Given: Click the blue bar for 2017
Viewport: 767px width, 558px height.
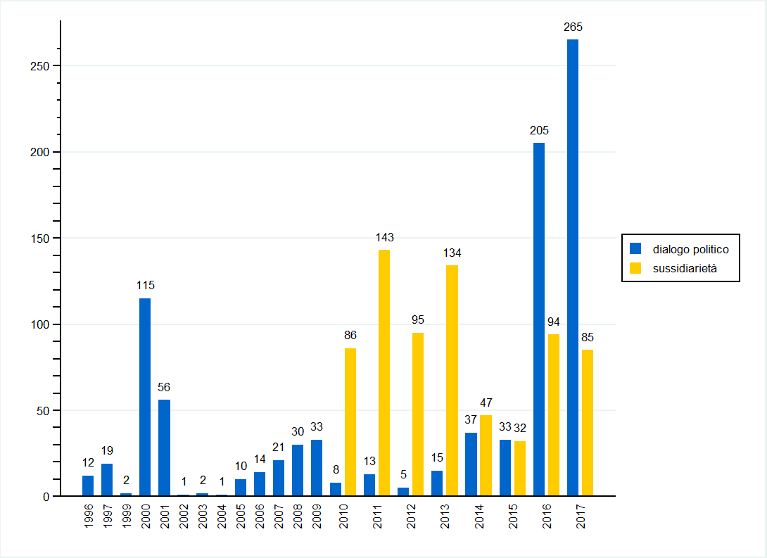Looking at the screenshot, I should pyautogui.click(x=573, y=267).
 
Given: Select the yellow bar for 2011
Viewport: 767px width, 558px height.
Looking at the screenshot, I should pyautogui.click(x=383, y=373).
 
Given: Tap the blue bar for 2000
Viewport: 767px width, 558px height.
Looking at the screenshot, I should pyautogui.click(x=145, y=398).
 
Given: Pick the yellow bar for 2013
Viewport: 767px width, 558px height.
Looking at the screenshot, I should pyautogui.click(x=452, y=381).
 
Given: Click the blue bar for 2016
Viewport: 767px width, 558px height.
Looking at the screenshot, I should pyautogui.click(x=539, y=319).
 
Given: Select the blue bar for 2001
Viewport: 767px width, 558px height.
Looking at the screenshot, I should pyautogui.click(x=164, y=448).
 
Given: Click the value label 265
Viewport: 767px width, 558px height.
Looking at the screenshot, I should pyautogui.click(x=573, y=27).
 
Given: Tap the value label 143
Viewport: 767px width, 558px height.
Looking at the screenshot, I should pyautogui.click(x=384, y=237).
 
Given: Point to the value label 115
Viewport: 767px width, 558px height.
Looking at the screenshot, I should pyautogui.click(x=145, y=286).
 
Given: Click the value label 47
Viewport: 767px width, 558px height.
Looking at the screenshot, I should pyautogui.click(x=486, y=402).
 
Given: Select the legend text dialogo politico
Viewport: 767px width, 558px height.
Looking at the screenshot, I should pyautogui.click(x=690, y=249).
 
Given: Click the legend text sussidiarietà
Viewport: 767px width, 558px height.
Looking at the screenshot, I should pyautogui.click(x=685, y=268).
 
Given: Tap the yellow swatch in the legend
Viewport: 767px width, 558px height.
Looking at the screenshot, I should pyautogui.click(x=635, y=268).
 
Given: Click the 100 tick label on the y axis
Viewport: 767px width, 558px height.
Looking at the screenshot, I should pyautogui.click(x=41, y=324).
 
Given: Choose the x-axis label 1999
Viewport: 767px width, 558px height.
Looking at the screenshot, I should pyautogui.click(x=126, y=516).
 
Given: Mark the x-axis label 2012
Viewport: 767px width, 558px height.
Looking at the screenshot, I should pyautogui.click(x=411, y=516).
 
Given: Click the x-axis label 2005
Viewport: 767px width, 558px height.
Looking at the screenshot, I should pyautogui.click(x=241, y=516).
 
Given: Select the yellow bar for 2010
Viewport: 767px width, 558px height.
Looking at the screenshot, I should pyautogui.click(x=350, y=422).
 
